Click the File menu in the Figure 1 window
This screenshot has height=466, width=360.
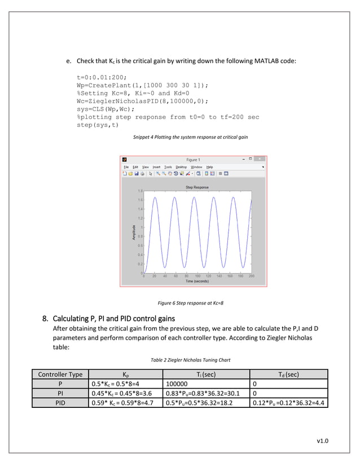(126, 167)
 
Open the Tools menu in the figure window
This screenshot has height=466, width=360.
(168, 167)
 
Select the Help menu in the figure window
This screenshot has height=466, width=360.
(209, 167)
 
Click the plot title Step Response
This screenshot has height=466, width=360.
(197, 187)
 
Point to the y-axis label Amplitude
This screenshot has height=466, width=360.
(134, 232)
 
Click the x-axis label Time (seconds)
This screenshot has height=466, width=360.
(197, 281)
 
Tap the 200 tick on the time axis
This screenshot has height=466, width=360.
(252, 276)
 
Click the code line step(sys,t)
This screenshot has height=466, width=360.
(102, 125)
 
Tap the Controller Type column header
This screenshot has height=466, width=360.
(60, 374)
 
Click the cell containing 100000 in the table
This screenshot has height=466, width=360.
(178, 384)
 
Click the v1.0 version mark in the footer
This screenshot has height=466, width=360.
(323, 441)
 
